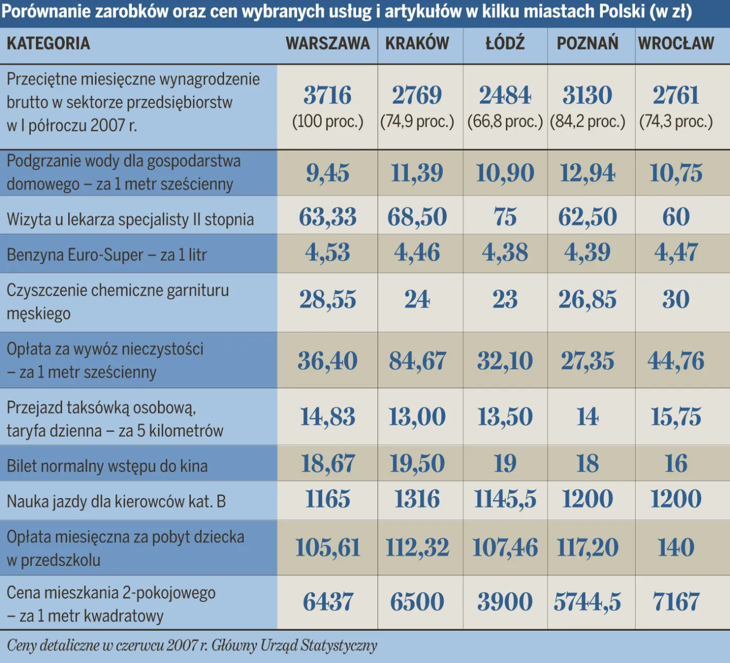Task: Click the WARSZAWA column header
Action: tap(327, 43)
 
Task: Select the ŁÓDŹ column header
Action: tap(505, 43)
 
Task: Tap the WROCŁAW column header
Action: tap(676, 43)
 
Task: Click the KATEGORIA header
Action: tap(48, 43)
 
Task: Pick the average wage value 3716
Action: tap(327, 95)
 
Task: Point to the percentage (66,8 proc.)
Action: tap(505, 122)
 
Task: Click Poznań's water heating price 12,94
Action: tap(587, 173)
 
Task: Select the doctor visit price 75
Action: tap(505, 217)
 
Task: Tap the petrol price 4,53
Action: tap(327, 253)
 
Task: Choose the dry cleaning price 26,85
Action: tap(587, 300)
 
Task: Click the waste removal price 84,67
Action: tap(417, 361)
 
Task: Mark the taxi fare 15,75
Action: tap(676, 417)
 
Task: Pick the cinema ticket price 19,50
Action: tap(417, 464)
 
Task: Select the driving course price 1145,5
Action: tap(505, 499)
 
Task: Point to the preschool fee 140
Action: tap(676, 548)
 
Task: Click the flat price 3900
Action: tap(505, 602)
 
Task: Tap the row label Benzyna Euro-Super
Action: tap(107, 255)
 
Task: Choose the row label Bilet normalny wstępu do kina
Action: tap(107, 466)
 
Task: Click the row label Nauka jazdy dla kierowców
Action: tap(116, 502)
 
